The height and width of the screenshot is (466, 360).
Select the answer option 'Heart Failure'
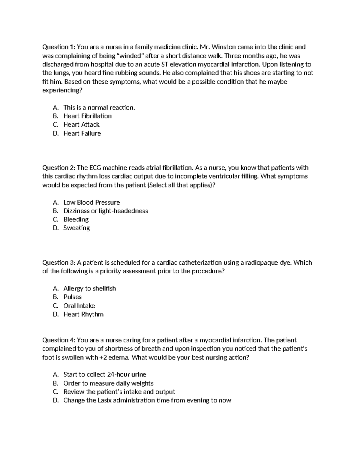tap(82, 134)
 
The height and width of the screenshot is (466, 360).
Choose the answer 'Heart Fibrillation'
tap(87, 116)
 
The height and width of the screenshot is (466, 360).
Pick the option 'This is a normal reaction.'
tap(99, 108)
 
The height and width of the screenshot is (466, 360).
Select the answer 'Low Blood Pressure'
tap(91, 203)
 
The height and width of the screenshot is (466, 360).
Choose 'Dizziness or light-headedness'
tap(106, 211)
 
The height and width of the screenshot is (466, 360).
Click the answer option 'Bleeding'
tap(76, 220)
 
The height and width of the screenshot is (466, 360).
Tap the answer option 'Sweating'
tap(76, 228)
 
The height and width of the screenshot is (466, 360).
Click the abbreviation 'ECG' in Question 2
tap(96, 168)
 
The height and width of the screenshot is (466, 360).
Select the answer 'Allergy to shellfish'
tap(89, 289)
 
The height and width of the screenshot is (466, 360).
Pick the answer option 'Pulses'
tap(72, 297)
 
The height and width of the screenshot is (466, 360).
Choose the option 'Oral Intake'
tap(79, 306)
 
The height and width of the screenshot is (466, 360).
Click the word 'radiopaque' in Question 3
tap(260, 263)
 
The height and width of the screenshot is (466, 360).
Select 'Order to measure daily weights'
tap(108, 383)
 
